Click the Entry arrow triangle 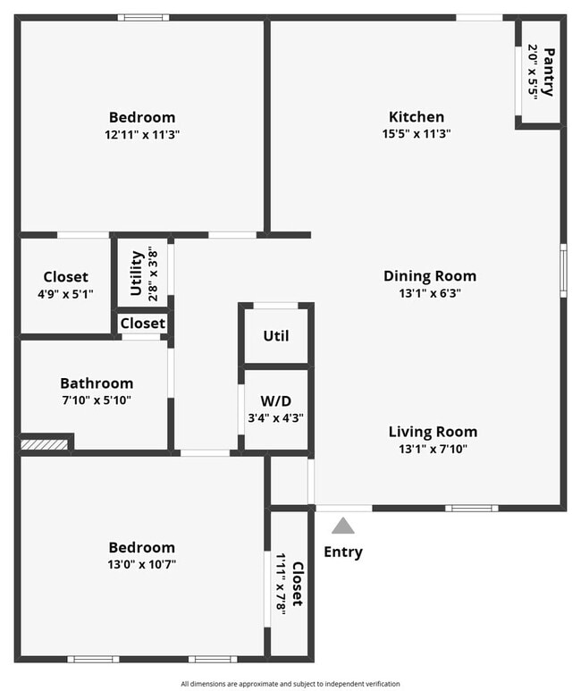click(343, 526)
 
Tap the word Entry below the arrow click(343, 552)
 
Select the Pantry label click(548, 72)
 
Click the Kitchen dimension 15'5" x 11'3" click(416, 134)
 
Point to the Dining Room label click(429, 275)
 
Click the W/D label click(276, 400)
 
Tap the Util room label click(276, 336)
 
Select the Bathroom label click(97, 383)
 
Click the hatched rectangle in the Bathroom click(45, 443)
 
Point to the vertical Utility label click(137, 273)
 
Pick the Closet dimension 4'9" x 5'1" click(65, 293)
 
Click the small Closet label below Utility click(142, 323)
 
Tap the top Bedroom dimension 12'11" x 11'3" click(142, 134)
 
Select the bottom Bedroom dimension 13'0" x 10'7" click(142, 564)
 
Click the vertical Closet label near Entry click(297, 584)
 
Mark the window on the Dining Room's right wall click(562, 270)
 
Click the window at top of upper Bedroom click(143, 17)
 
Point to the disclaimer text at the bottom click(290, 684)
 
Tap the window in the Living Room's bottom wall click(472, 509)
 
